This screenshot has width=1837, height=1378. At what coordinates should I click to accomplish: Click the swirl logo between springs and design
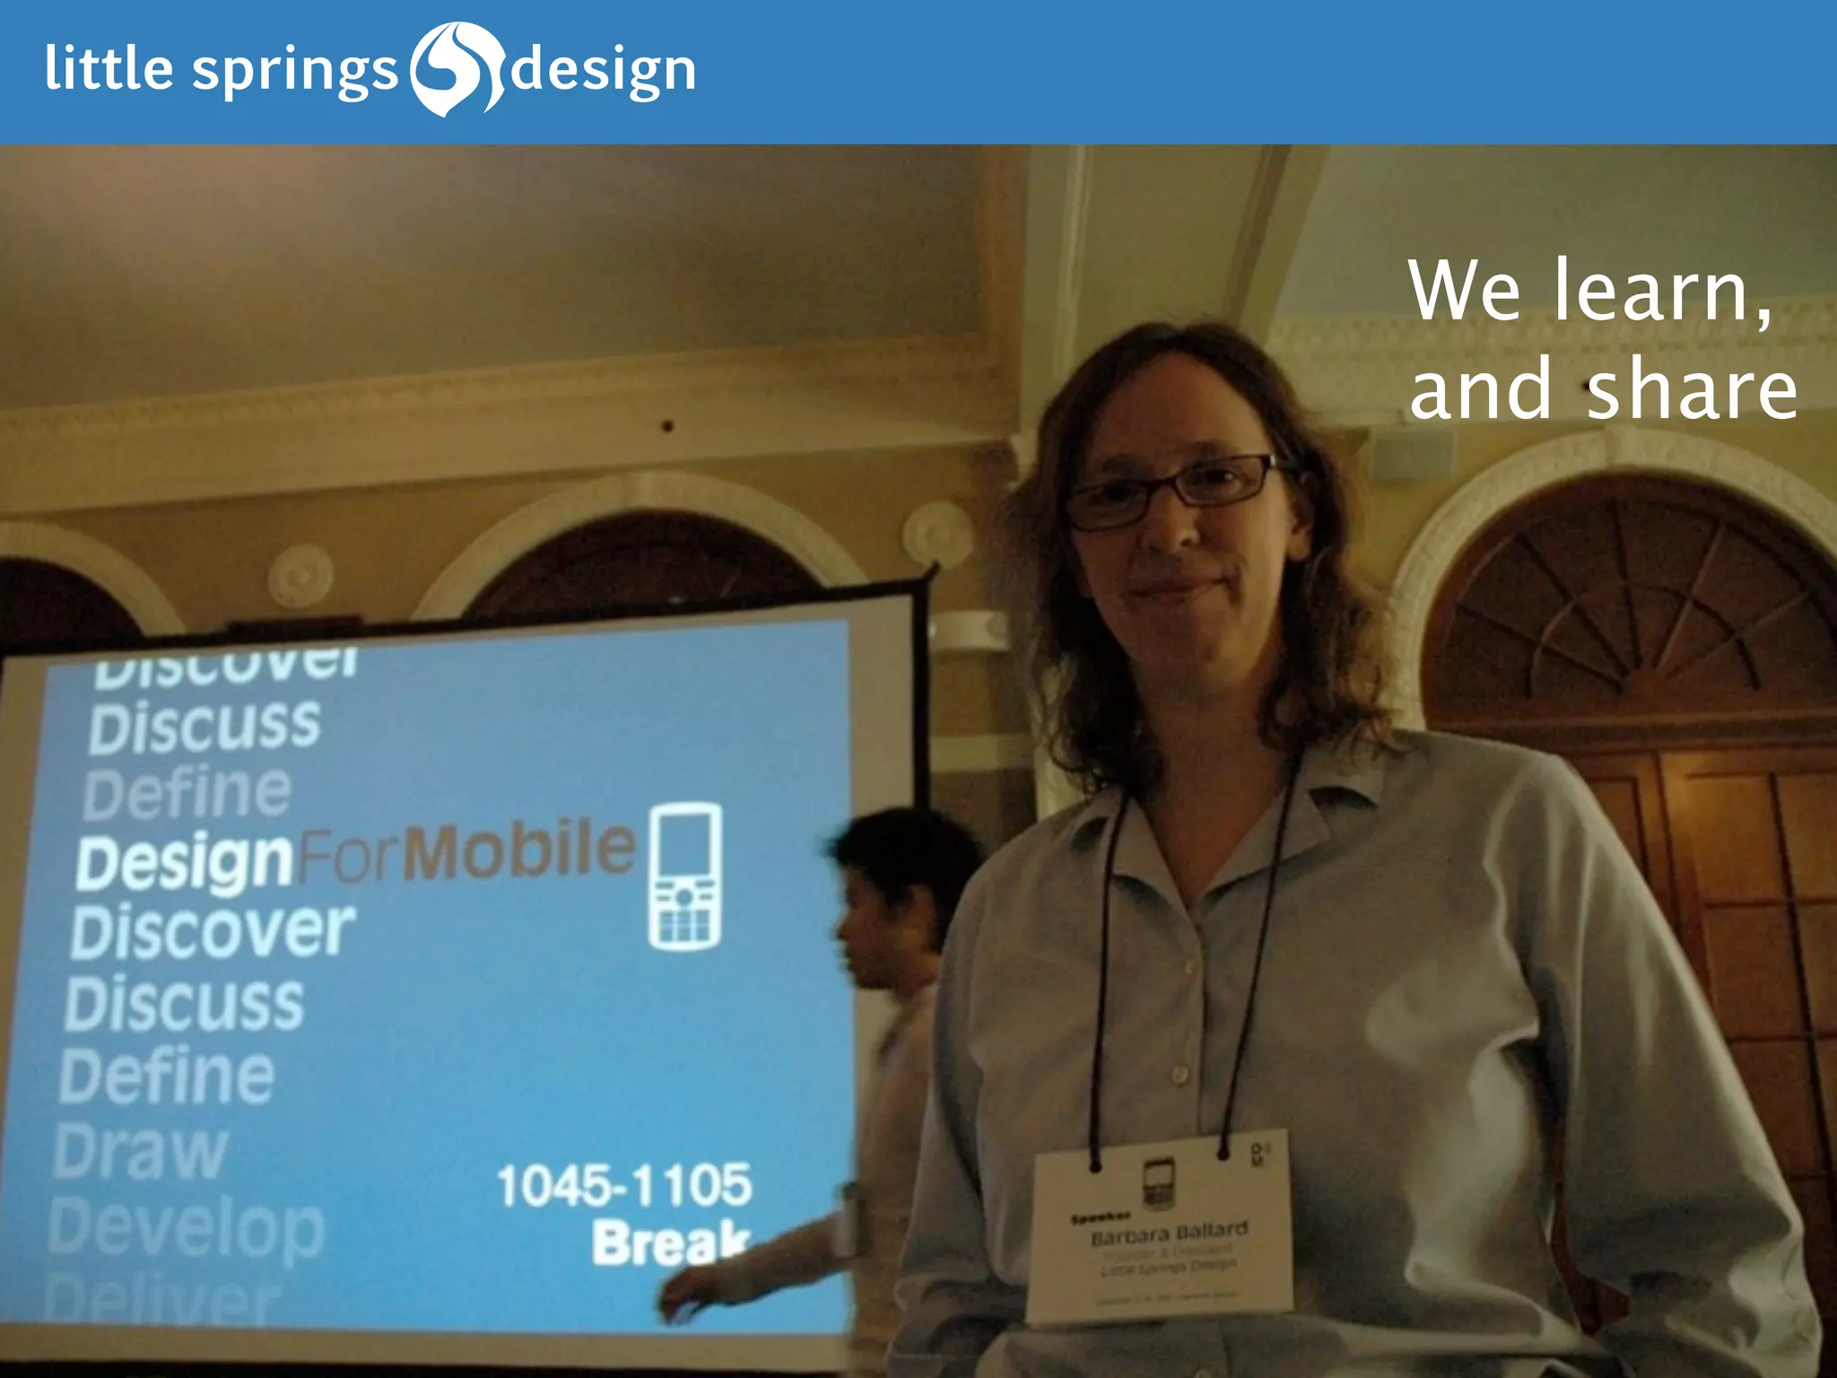coord(457,70)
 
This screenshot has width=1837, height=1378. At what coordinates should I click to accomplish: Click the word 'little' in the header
coord(109,68)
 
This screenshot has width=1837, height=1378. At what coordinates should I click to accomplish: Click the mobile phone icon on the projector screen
coord(685,877)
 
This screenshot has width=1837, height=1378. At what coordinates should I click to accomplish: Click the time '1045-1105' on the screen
coord(624,1185)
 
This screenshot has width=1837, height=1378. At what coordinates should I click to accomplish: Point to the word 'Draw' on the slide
coord(141,1152)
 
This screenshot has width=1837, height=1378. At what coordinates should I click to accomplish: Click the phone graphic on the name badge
coord(1157,1182)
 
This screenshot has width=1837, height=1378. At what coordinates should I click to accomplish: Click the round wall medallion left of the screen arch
coord(301,575)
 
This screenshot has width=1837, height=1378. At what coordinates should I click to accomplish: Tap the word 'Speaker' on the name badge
coord(1099,1218)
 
